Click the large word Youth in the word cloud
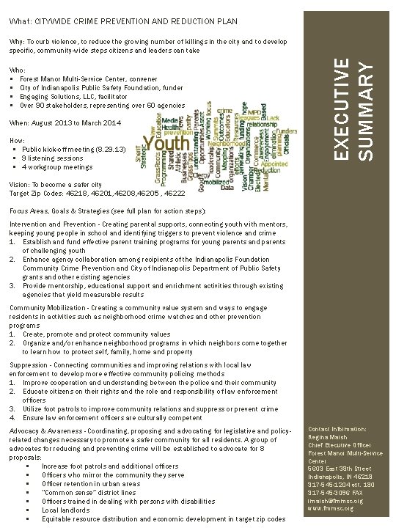tap(167, 142)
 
